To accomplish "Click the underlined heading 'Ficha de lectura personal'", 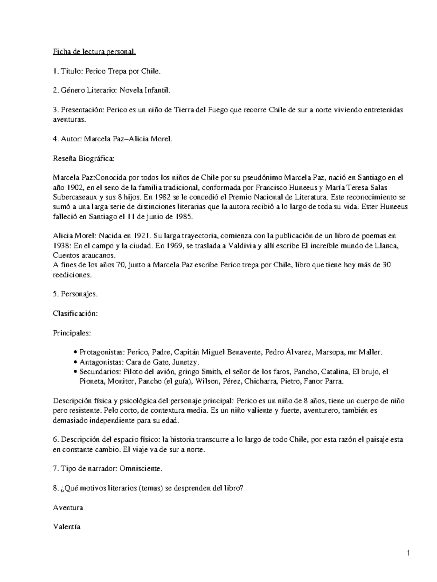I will coord(94,52).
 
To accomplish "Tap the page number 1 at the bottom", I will coord(409,554).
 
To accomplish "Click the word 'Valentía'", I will coord(67,527).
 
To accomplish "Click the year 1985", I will coord(181,217).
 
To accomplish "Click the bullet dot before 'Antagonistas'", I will coord(75,362).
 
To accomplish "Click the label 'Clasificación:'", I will coord(75,314).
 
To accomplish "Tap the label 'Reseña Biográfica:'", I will coord(84,158).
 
